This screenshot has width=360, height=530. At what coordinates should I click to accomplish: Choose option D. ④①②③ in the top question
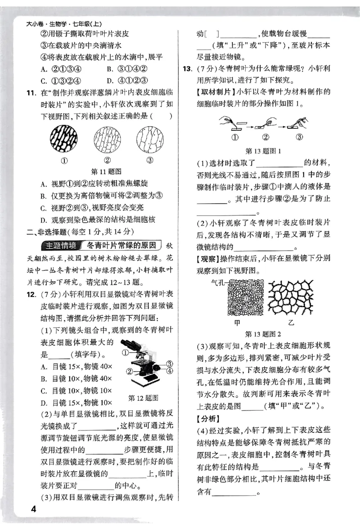[126, 81]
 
